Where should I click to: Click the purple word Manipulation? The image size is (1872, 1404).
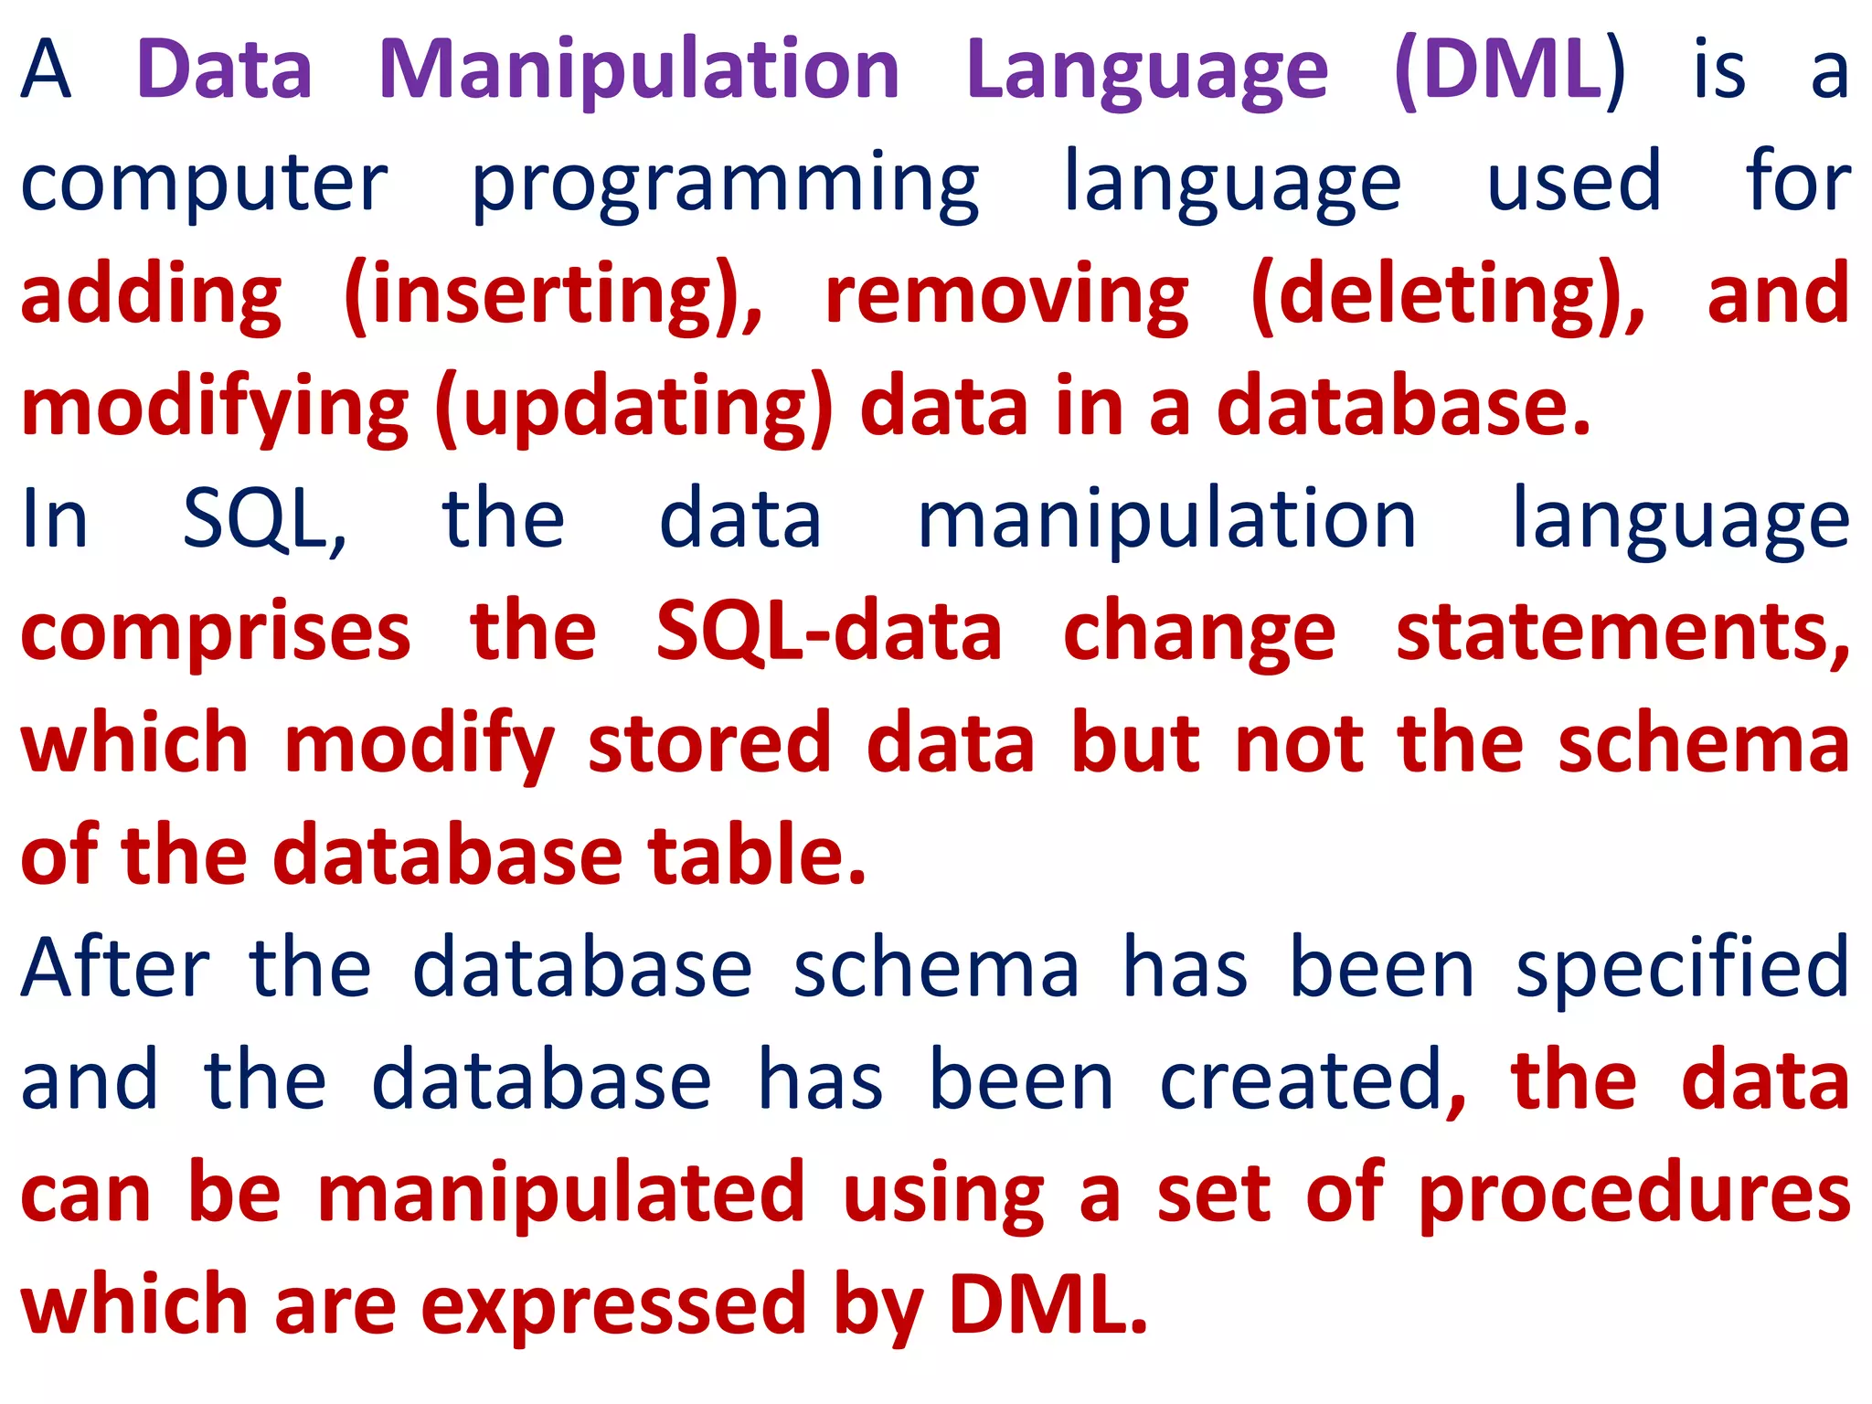point(639,71)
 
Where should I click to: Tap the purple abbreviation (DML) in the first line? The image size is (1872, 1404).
point(1509,71)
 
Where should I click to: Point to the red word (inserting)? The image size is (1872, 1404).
point(553,296)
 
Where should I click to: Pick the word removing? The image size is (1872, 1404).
point(1006,296)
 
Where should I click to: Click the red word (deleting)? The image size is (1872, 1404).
point(1448,296)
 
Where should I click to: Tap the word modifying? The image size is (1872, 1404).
point(216,409)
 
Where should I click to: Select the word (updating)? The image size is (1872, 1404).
point(634,409)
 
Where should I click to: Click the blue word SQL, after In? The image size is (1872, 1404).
point(264,519)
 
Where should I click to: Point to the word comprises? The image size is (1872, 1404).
point(216,633)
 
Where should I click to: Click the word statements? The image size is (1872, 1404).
point(1622,633)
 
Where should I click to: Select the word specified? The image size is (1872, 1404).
point(1683,969)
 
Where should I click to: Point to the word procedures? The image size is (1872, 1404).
point(1634,1194)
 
